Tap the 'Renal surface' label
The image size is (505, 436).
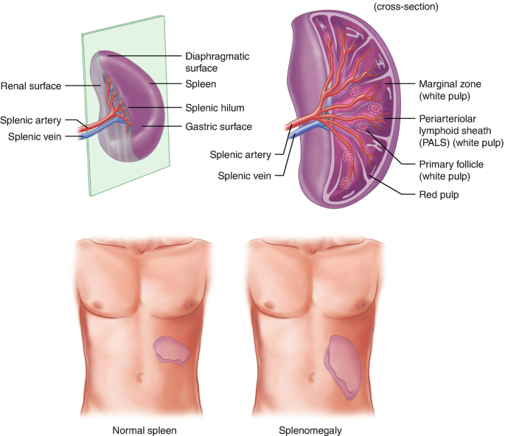(32, 85)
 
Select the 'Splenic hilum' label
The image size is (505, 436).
(214, 108)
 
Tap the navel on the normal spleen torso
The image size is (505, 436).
(141, 378)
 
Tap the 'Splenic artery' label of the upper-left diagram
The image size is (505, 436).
(31, 121)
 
